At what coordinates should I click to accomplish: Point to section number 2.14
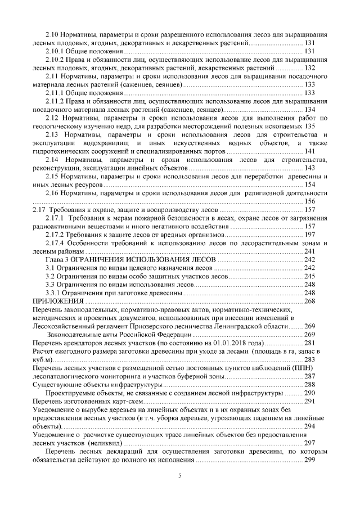pos(53,160)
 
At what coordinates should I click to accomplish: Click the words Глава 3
pos(57,259)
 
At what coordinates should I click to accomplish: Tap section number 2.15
pos(52,177)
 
